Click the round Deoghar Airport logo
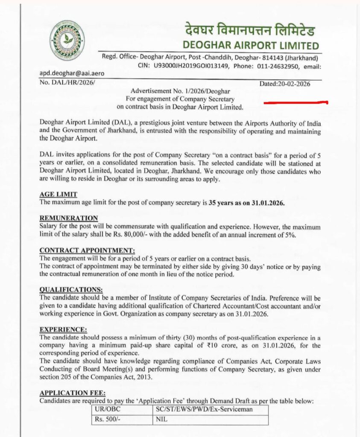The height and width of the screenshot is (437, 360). tap(67, 39)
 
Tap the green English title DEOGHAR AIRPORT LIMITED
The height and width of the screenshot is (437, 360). tap(250, 45)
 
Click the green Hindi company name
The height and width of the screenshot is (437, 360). tap(250, 31)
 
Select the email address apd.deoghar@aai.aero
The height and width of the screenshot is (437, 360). tap(72, 73)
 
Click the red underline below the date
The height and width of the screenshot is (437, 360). tap(296, 103)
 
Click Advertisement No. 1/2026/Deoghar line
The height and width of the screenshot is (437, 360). tap(180, 91)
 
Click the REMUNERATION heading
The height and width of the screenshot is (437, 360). tap(69, 218)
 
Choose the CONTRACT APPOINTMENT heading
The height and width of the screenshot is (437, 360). tap(87, 250)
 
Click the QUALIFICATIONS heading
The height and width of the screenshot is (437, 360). tap(71, 290)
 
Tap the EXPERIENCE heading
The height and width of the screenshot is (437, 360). tap(63, 329)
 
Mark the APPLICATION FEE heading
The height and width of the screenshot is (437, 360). tap(73, 393)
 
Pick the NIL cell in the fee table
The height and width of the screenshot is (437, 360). tap(161, 420)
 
